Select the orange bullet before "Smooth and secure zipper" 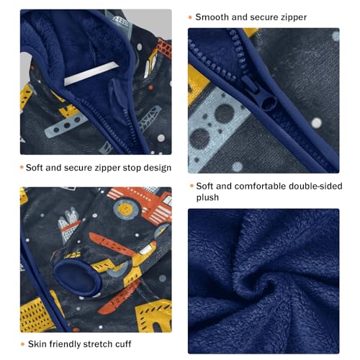(x=191, y=17)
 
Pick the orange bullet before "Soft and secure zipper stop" (x=22, y=168)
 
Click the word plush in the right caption (x=210, y=197)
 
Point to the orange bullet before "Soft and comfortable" (x=191, y=185)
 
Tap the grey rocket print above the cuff (x=70, y=217)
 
